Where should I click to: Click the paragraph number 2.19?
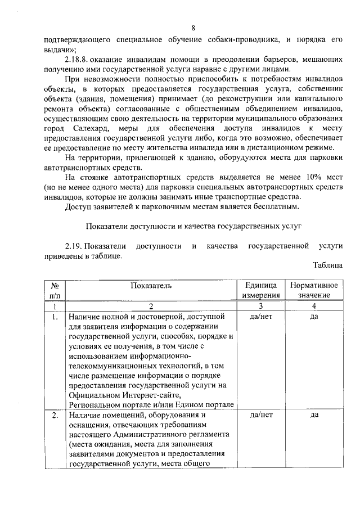pyautogui.click(x=74, y=246)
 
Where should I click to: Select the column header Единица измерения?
pyautogui.click(x=260, y=290)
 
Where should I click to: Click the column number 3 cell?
pyautogui.click(x=260, y=307)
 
